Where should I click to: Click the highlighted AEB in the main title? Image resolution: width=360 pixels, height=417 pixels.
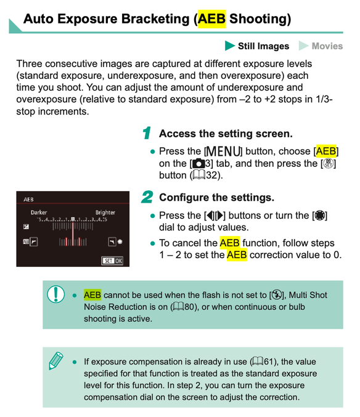(211, 19)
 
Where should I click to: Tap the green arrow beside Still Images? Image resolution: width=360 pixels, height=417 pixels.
(229, 46)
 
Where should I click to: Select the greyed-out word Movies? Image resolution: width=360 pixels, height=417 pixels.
(327, 46)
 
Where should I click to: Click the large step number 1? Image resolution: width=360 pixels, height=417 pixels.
(147, 133)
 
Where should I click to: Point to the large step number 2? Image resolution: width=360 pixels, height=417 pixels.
(147, 197)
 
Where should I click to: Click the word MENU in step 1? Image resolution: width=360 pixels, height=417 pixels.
(223, 152)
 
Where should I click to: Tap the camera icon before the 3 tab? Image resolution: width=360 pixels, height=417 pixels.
(198, 163)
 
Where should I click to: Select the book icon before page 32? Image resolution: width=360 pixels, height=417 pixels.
(198, 175)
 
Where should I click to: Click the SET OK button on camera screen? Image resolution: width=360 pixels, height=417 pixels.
(112, 261)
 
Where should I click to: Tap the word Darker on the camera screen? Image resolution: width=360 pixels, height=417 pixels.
(39, 213)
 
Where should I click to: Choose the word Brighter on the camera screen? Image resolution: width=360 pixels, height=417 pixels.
(105, 213)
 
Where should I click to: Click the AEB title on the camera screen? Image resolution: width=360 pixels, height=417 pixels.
(29, 200)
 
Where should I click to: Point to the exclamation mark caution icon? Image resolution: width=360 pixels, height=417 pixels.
(55, 294)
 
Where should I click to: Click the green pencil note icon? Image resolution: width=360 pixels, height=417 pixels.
(56, 360)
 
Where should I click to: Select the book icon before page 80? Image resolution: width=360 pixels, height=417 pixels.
(178, 307)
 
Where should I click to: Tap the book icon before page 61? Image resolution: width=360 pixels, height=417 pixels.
(257, 362)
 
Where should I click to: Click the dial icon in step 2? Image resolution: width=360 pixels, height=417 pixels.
(319, 215)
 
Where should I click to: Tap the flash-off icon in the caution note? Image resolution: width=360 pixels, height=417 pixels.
(277, 295)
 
